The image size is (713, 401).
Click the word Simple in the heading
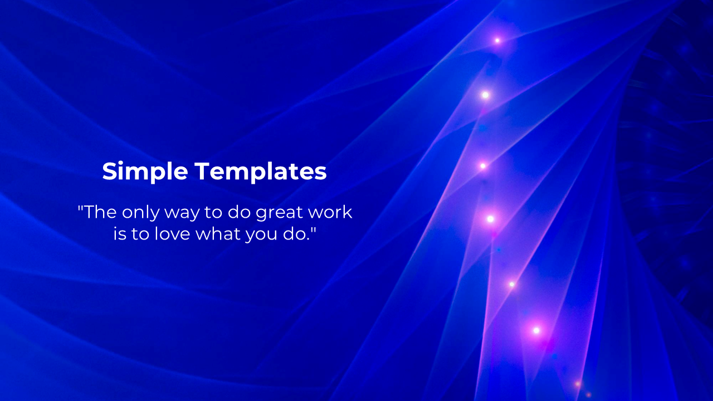click(x=145, y=172)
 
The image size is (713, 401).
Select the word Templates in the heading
click(x=261, y=172)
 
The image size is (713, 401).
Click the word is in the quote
click(x=120, y=234)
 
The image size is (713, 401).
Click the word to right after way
click(x=213, y=213)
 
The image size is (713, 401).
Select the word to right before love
click(x=140, y=234)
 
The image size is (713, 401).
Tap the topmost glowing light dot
click(x=497, y=41)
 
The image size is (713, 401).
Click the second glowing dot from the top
click(x=485, y=95)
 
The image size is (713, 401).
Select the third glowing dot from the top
click(x=483, y=166)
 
